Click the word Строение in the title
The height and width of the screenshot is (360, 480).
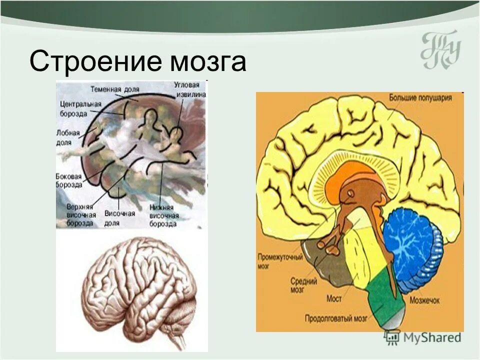point(95,62)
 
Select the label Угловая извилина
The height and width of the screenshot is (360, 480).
point(189,89)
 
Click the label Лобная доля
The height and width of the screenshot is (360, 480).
point(65,138)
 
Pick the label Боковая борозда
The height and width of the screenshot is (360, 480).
point(68,180)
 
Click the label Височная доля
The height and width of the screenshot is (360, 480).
point(119,218)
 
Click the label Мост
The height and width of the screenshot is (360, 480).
point(333,298)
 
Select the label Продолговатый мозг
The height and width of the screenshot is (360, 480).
point(337,317)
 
